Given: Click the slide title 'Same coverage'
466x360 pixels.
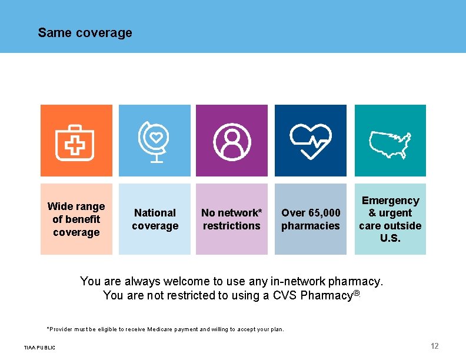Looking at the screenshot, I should tap(85, 33).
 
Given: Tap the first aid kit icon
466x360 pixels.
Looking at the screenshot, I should tap(75, 142).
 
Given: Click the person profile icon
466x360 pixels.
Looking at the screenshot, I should tap(232, 142).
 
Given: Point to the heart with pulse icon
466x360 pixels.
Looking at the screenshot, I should tap(311, 141).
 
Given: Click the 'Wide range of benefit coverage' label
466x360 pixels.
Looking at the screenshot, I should tap(76, 219).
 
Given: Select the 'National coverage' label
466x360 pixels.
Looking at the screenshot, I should tap(155, 219).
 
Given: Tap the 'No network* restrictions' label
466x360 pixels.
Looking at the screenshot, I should tap(232, 219).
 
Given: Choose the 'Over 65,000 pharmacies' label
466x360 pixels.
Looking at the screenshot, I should tap(311, 219).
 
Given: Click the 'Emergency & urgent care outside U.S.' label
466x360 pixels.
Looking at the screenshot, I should tap(390, 219).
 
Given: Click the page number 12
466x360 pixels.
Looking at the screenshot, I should tap(435, 346).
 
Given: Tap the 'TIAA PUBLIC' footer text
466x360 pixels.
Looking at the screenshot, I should tap(39, 348).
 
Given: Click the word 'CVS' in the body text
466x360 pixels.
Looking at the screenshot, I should tap(285, 295).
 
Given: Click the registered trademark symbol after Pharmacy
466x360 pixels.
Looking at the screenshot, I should tap(356, 293).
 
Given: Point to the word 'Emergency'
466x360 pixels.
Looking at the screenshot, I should tap(390, 201).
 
